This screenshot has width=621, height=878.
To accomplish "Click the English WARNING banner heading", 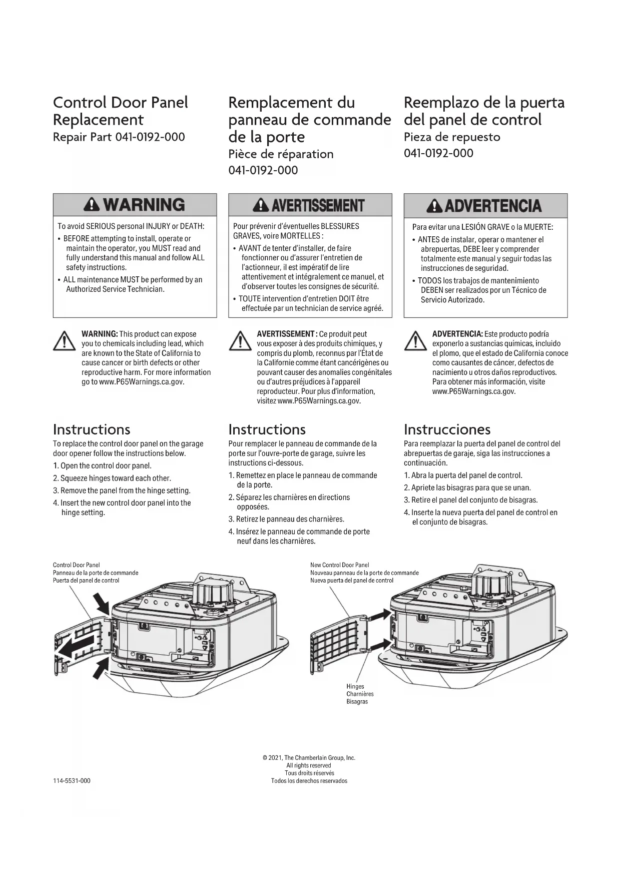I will tap(135, 205).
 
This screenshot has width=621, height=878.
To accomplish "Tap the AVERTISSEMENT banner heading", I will tap(310, 205).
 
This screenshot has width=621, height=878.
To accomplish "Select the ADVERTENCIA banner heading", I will tap(485, 205).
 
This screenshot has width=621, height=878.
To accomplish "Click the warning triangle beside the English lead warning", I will tap(65, 342).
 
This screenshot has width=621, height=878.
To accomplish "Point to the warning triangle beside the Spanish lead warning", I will tap(415, 342).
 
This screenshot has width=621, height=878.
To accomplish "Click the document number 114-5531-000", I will tap(72, 781).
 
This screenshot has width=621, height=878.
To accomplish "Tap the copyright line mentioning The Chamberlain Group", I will tap(309, 758).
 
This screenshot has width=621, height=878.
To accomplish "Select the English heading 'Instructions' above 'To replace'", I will tap(92, 429).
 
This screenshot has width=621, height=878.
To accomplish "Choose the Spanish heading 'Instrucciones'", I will tap(447, 429).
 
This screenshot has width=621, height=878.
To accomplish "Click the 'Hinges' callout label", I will tap(355, 686).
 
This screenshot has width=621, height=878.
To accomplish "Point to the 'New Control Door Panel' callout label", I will tap(339, 565).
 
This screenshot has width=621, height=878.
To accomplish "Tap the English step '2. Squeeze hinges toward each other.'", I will tap(112, 478).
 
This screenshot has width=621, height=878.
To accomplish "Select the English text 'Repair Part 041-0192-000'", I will tap(119, 137).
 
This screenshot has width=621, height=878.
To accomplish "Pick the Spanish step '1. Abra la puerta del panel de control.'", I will tap(463, 476).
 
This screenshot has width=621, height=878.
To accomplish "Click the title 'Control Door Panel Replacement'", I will tap(120, 111).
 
